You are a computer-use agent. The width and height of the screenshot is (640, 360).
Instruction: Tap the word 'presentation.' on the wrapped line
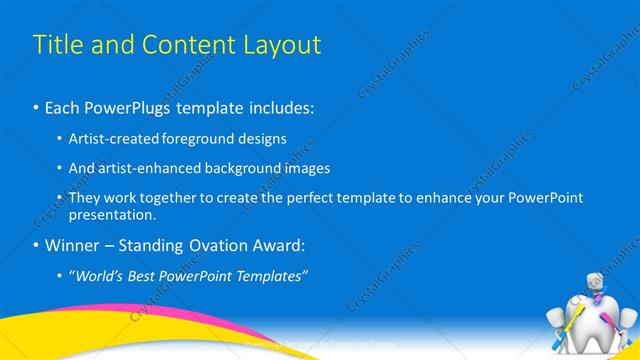click(x=112, y=214)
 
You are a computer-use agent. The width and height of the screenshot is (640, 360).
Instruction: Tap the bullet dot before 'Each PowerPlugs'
click(x=37, y=106)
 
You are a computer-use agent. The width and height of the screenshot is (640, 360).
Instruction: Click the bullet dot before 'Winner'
click(x=37, y=244)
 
